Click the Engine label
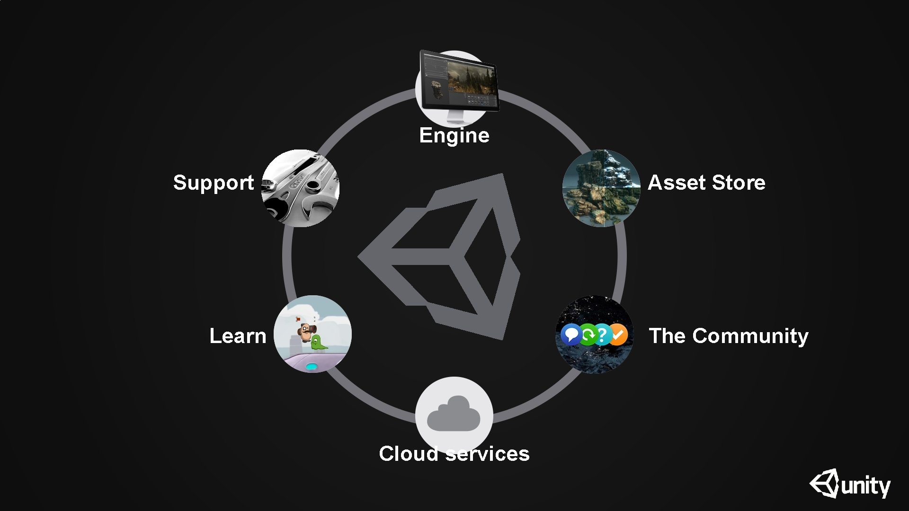454,135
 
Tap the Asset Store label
706,183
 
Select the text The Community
728,336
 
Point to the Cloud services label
454,454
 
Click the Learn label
238,336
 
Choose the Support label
214,183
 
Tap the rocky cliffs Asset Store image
601,188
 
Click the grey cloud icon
454,414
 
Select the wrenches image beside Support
300,188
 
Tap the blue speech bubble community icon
571,335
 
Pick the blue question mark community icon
602,335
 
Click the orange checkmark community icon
618,335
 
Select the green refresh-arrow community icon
588,335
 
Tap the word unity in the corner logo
865,486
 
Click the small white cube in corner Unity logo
824,484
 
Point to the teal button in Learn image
312,366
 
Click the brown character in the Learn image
306,331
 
